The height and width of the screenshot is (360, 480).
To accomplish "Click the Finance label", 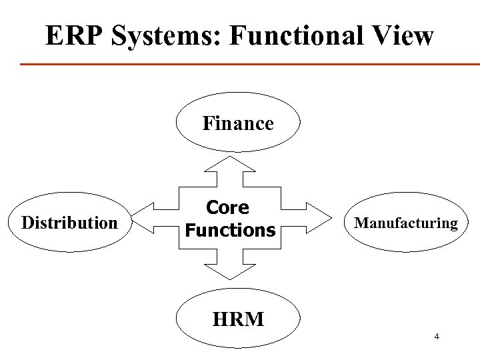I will [238, 123].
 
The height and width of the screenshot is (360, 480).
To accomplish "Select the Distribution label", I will [69, 222].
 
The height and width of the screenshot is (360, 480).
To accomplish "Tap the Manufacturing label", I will [406, 223].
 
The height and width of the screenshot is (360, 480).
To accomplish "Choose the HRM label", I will [238, 319].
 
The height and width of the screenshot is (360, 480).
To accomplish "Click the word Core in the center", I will [229, 208].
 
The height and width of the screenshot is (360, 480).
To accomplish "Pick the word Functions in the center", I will [229, 231].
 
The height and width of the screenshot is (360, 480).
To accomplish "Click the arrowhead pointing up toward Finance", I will [230, 165].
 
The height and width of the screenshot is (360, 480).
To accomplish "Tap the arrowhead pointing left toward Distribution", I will [141, 220].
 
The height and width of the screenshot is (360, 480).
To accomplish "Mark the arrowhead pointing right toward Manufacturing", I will [321, 220].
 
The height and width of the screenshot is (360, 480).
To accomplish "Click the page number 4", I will [436, 337].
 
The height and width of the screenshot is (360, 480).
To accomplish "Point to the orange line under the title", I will [250, 64].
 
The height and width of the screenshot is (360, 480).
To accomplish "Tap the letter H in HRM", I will [220, 319].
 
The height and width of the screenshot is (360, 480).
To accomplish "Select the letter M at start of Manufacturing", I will [361, 223].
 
